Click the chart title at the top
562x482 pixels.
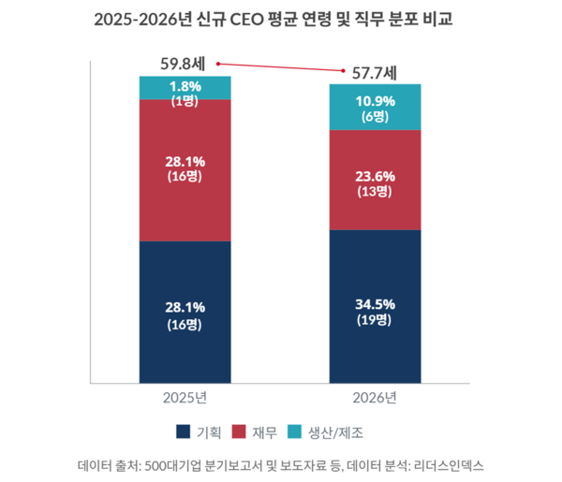click(280, 20)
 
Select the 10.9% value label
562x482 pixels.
click(375, 100)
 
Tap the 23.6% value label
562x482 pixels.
click(375, 174)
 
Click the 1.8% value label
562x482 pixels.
click(185, 85)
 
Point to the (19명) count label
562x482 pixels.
click(375, 320)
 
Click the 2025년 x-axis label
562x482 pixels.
click(185, 398)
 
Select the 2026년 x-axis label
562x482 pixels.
click(375, 398)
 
